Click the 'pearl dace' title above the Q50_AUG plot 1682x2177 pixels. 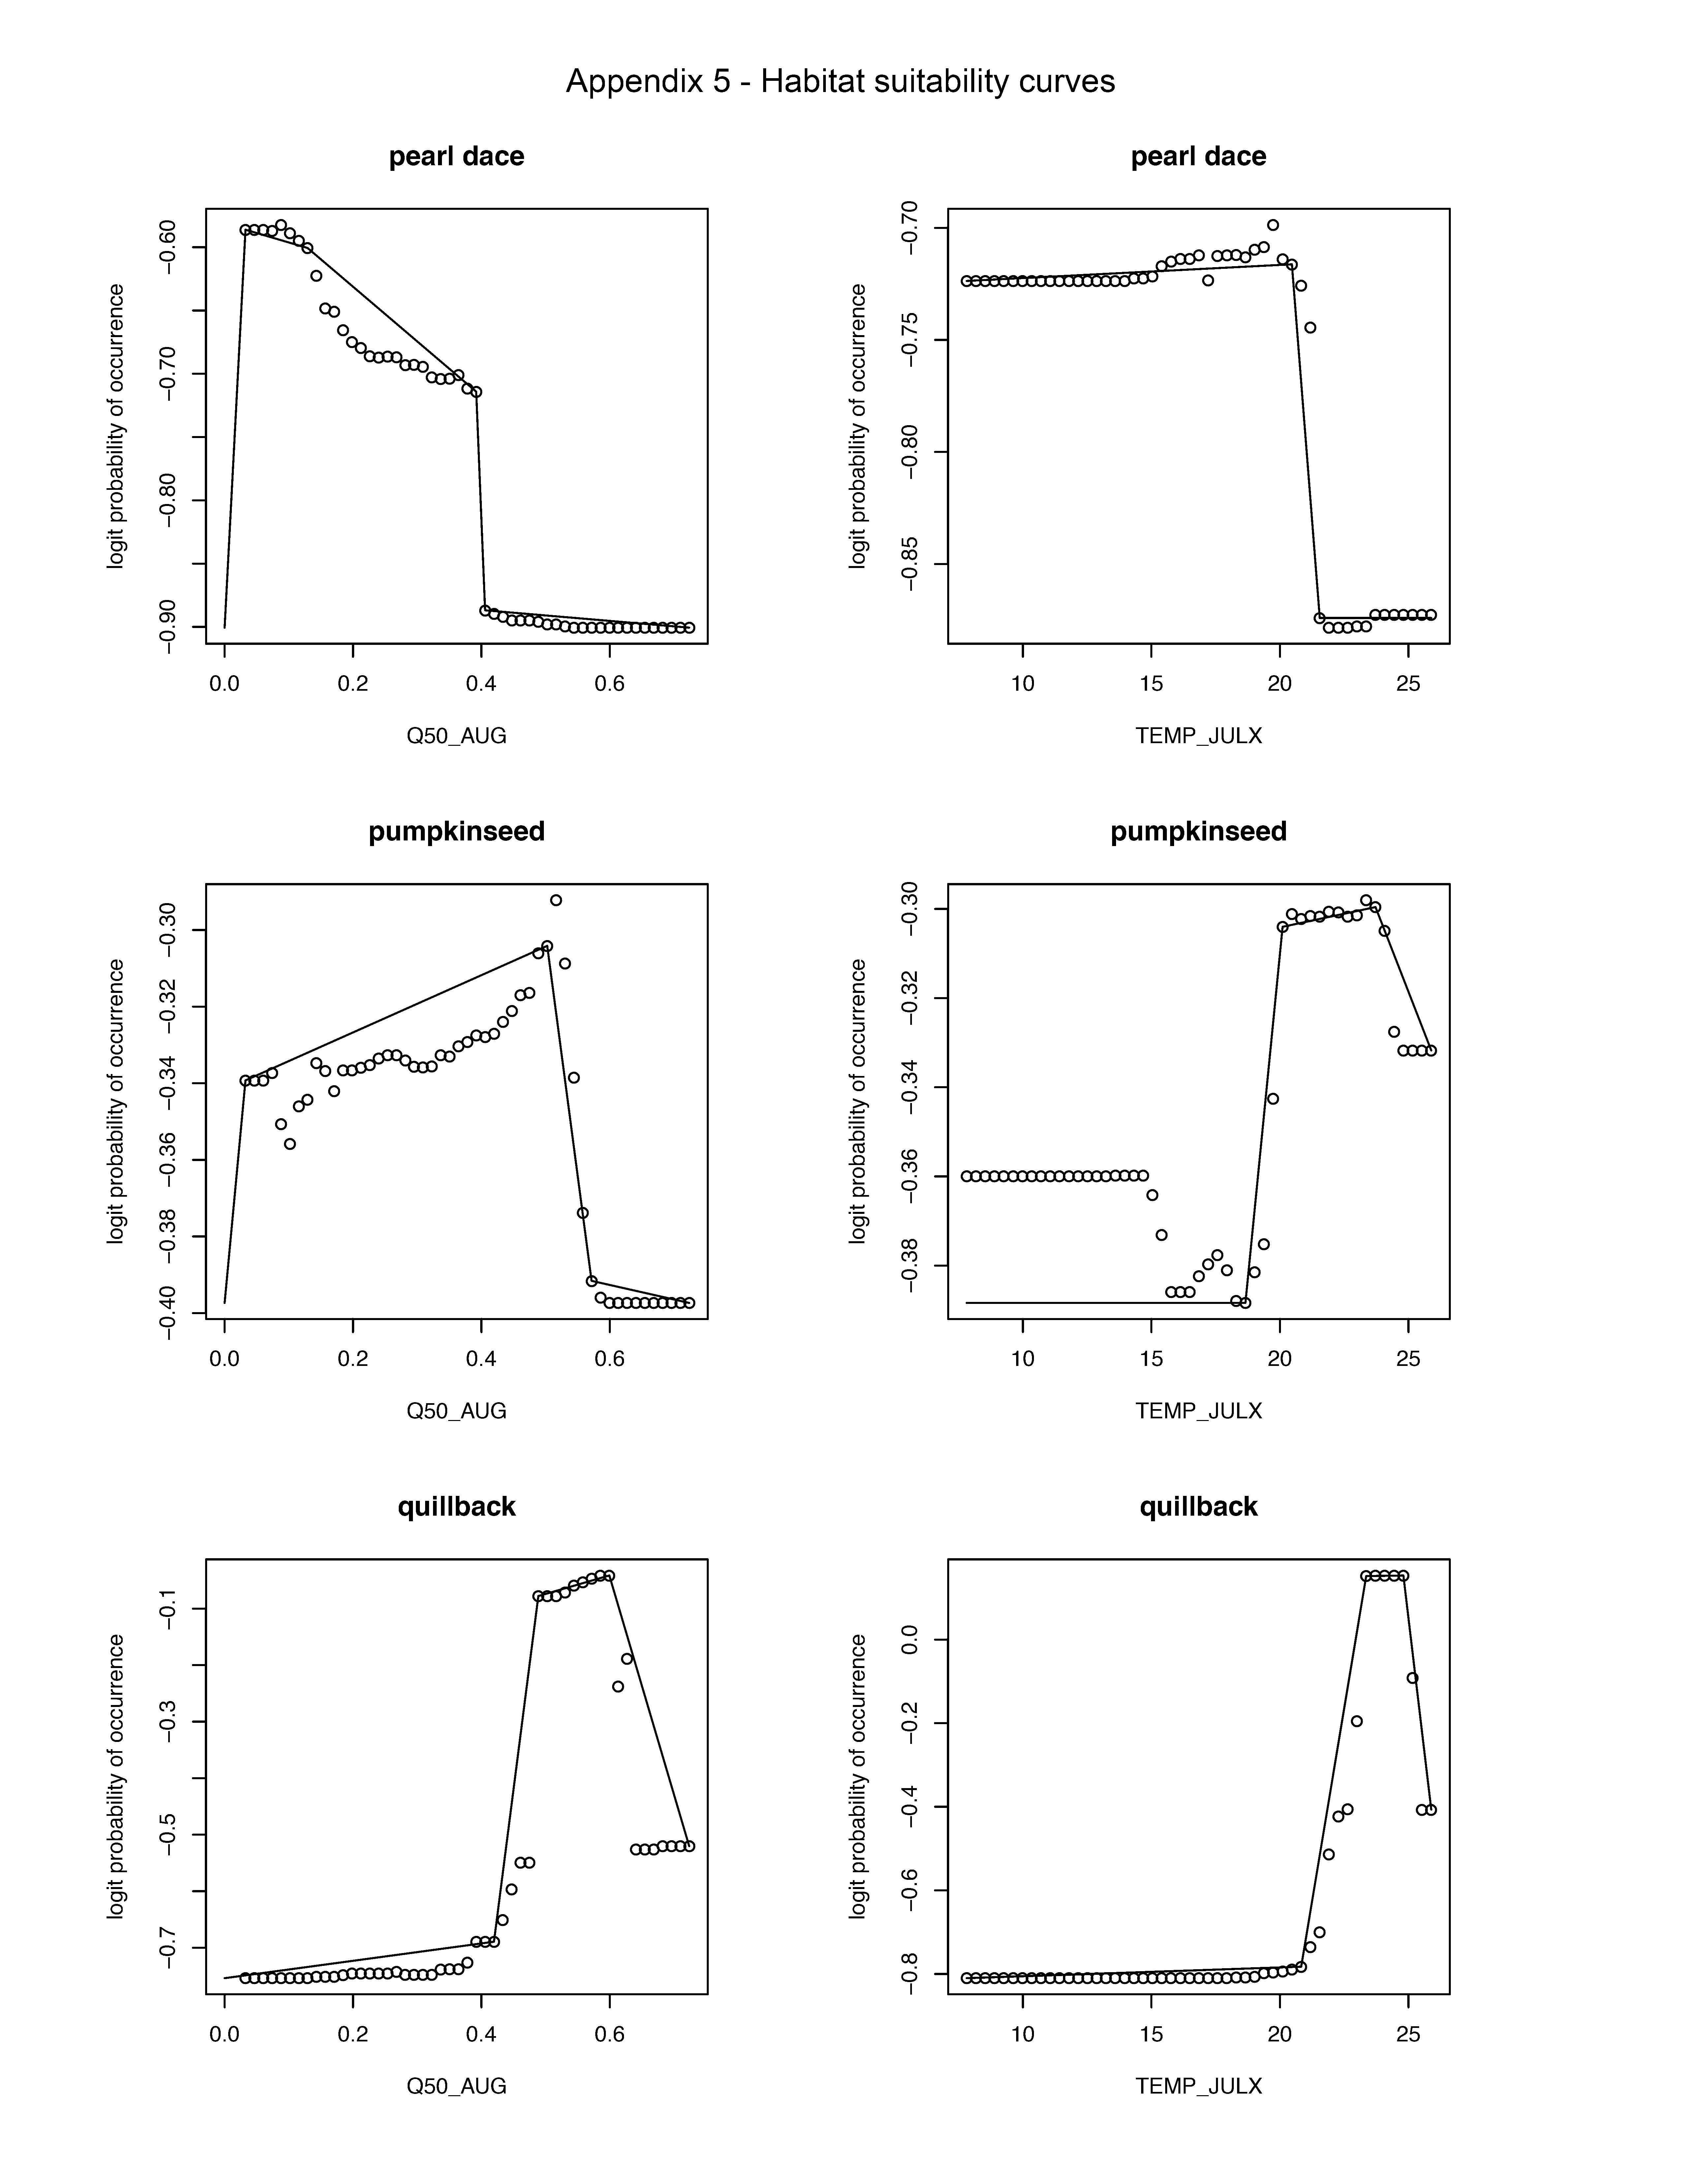click(456, 156)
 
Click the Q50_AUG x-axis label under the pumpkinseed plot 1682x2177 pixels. click(456, 1410)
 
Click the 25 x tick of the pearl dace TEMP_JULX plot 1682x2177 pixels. click(1407, 684)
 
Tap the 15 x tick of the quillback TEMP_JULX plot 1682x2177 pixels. click(1151, 2034)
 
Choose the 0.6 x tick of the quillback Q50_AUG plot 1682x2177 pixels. click(610, 2034)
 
